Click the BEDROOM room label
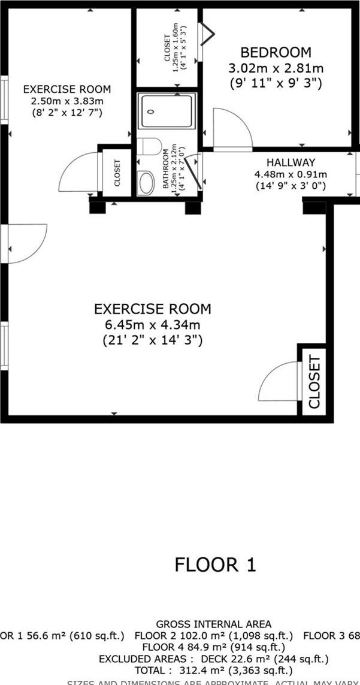pos(276,52)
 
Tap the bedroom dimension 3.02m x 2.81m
pos(276,68)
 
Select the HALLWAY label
pos(291,162)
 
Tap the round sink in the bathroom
pos(146,183)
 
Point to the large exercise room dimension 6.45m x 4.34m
pos(152,325)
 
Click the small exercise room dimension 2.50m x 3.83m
pos(67,101)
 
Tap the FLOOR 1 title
pos(215,565)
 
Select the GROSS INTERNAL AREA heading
pos(213,624)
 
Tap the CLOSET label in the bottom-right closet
pos(313,382)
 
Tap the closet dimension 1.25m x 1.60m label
pos(176,48)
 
